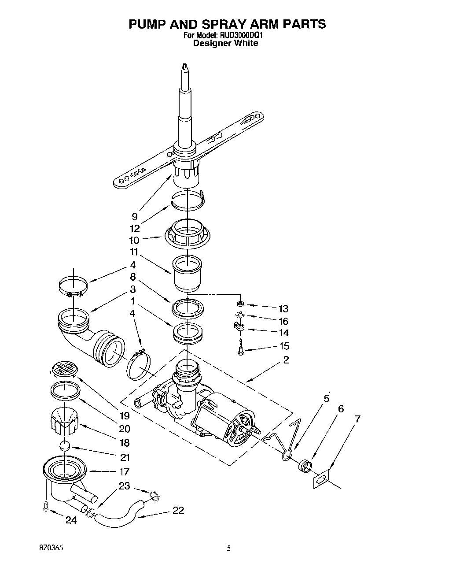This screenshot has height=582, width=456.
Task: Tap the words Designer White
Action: [226, 43]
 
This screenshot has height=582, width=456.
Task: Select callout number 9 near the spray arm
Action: [135, 216]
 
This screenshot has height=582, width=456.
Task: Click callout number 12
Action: [135, 228]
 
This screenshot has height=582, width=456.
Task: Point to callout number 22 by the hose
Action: [178, 510]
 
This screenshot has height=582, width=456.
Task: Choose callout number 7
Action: [357, 419]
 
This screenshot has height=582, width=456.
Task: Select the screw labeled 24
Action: [46, 508]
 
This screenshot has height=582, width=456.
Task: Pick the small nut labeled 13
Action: [240, 304]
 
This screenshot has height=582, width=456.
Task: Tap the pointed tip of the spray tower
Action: [185, 67]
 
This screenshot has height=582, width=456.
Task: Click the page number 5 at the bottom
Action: [228, 549]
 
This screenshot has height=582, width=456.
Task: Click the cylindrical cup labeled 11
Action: [187, 272]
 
